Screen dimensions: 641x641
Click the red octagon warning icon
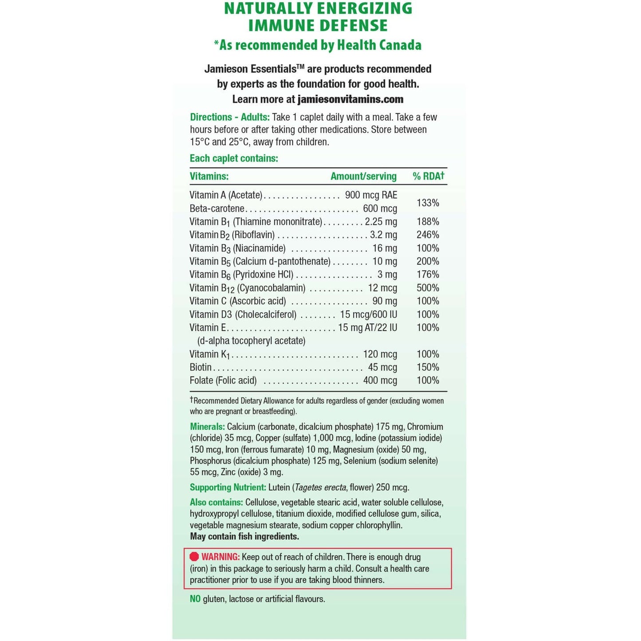[x=194, y=557]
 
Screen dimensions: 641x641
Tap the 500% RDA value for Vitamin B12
[x=428, y=288]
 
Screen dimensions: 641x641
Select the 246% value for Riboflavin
[x=428, y=235]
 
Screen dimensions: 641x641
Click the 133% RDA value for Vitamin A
[x=428, y=203]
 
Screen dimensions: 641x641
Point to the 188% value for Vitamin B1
[x=428, y=221]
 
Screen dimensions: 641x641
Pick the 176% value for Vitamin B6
[x=428, y=275]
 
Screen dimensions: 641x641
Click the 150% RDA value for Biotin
[x=428, y=367]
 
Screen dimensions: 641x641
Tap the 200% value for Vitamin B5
[x=428, y=261]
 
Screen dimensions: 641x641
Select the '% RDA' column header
[x=428, y=176]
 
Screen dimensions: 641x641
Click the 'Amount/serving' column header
[x=363, y=176]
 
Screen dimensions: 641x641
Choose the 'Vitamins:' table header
[x=209, y=176]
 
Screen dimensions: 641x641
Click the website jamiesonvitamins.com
[x=350, y=99]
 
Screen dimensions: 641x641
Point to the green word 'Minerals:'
[x=207, y=427]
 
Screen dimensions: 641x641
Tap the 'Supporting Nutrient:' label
[x=228, y=488]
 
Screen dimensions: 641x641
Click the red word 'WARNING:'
[x=220, y=557]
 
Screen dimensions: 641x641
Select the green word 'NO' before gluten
[x=195, y=599]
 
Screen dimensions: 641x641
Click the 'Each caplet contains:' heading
[x=234, y=158]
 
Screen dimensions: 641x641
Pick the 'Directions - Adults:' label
[x=230, y=117]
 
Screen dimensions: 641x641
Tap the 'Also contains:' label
[x=216, y=503]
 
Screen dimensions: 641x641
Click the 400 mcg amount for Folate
[x=380, y=381]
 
